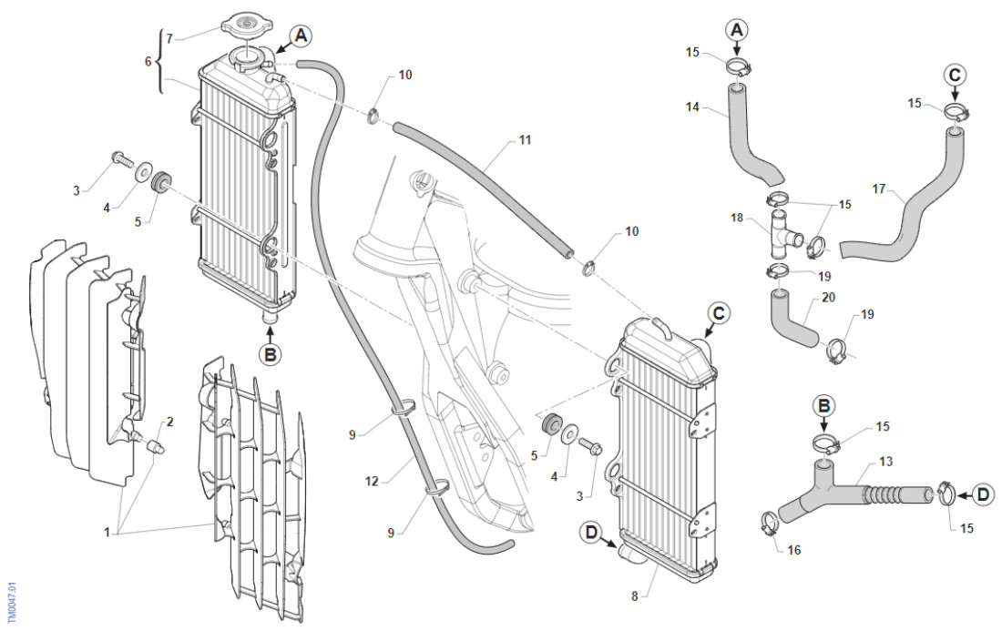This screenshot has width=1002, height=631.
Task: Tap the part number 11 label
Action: point(525,140)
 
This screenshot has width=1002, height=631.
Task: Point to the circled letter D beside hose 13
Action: point(982,495)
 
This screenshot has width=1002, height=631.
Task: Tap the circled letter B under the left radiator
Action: point(270,354)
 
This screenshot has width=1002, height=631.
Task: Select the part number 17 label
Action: point(878,190)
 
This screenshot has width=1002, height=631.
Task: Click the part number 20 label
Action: point(827,297)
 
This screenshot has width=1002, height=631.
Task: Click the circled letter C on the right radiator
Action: point(719,314)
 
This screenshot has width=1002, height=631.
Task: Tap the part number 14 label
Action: point(693,107)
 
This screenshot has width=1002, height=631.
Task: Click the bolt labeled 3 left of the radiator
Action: point(118,160)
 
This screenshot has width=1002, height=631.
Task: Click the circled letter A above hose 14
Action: point(737,30)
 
